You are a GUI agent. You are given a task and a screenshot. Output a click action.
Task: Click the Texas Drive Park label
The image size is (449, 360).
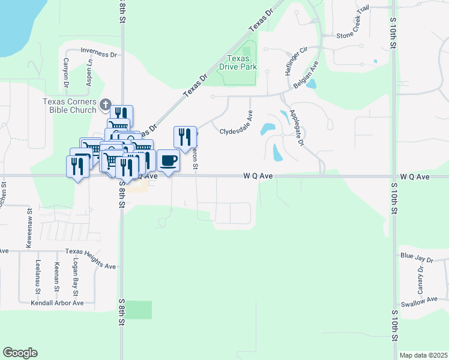pos(242,62)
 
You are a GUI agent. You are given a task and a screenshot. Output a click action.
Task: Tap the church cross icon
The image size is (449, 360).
pos(106,106)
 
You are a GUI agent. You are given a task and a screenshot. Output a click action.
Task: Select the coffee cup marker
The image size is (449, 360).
pos(168,161)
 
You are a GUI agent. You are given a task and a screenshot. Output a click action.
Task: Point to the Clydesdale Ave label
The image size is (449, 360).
pos(238,131)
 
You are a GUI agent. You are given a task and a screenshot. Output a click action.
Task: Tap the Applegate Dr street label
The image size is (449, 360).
pos(297,127)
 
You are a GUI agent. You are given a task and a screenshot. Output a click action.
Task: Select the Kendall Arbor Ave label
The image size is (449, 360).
pos(57,303)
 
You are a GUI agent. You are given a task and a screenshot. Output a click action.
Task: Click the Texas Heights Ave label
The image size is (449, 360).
pos(91,259)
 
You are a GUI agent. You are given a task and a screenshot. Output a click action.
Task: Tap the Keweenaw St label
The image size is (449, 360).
pos(28,229)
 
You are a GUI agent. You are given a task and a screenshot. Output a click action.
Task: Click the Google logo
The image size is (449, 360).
pos(20,353)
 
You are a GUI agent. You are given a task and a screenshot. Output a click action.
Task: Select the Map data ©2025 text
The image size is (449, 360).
pos(423,355)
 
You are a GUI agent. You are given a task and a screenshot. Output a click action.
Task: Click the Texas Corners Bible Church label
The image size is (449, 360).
pos(69,106)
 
